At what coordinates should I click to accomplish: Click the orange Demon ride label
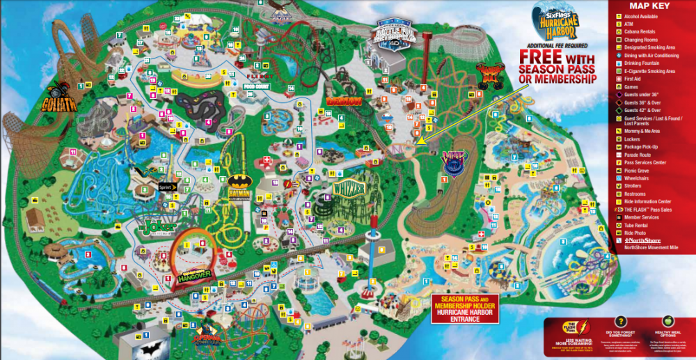[343, 101]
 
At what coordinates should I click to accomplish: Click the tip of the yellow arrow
[418, 143]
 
